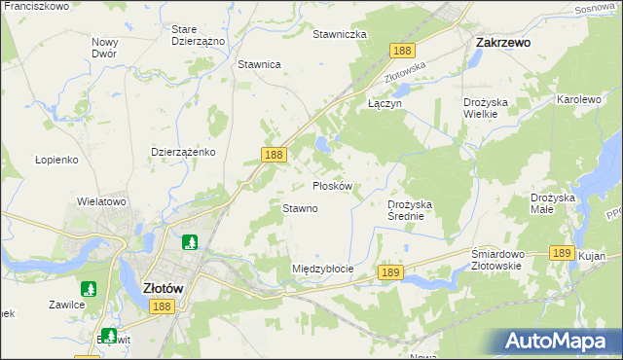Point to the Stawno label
pyautogui.click(x=300, y=208)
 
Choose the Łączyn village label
pyautogui.click(x=385, y=101)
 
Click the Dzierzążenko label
pyautogui.click(x=183, y=153)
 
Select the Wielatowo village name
pyautogui.click(x=102, y=201)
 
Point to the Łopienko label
pyautogui.click(x=56, y=159)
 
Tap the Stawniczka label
pyautogui.click(x=339, y=34)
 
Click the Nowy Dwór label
pyautogui.click(x=104, y=48)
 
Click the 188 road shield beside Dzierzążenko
pyautogui.click(x=274, y=155)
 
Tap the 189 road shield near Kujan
pyautogui.click(x=560, y=252)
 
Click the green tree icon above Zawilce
pyautogui.click(x=89, y=289)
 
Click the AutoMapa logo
pyautogui.click(x=558, y=342)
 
